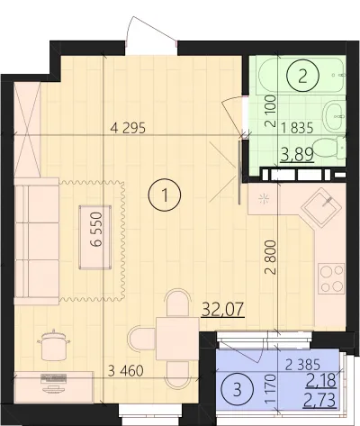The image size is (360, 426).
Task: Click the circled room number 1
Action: tap(165, 195)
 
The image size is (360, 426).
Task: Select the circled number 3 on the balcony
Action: tap(237, 390)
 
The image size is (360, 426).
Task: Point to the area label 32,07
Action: tap(223, 309)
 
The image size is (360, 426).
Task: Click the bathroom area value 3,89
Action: tap(297, 154)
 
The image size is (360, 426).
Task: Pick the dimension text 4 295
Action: tap(128, 128)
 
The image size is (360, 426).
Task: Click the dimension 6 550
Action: tap(96, 229)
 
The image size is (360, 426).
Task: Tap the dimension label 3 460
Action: tap(125, 371)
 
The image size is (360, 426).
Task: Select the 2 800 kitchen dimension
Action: tap(270, 257)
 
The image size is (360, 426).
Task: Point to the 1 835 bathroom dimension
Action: tap(297, 128)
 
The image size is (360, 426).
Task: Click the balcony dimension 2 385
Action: tap(303, 365)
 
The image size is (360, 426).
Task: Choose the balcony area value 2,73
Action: tap(319, 401)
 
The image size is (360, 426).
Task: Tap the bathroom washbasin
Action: tap(335, 115)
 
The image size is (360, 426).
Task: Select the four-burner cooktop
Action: tap(331, 278)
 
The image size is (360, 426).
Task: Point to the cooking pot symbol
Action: tap(54, 345)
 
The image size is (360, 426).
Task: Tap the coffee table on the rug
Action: tap(95, 237)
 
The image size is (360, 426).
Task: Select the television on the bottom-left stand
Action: tap(54, 382)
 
